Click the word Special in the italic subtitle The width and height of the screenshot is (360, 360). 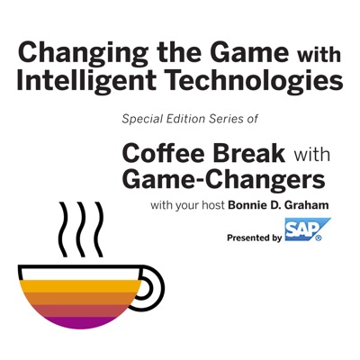(137, 120)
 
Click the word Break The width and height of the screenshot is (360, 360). (249, 153)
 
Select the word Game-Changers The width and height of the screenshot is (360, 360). (223, 180)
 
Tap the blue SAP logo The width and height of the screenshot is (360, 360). (308, 229)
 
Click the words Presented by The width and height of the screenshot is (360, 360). (254, 238)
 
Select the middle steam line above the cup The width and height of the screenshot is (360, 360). (81, 229)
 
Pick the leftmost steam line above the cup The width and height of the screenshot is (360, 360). (63, 229)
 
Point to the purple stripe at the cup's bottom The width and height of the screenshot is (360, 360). (80, 322)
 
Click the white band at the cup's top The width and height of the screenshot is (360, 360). (80, 274)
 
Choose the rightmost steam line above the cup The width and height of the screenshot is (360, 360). (98, 229)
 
